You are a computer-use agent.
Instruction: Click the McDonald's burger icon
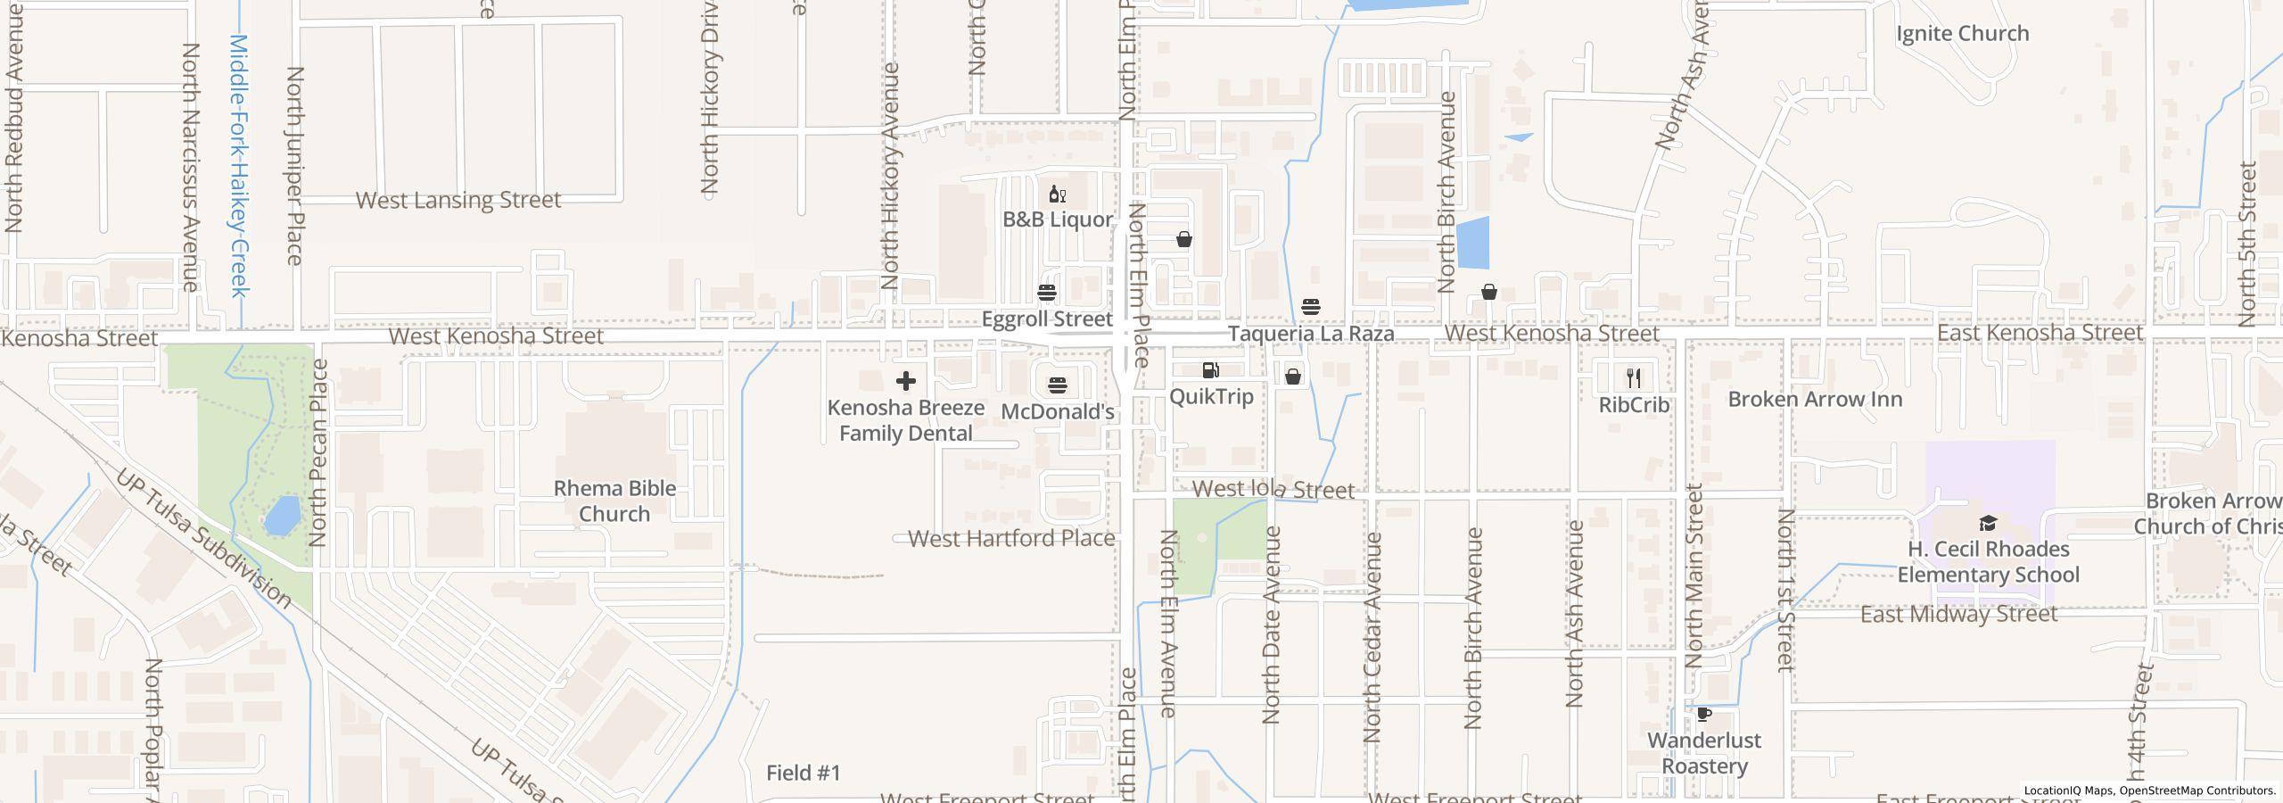[1058, 385]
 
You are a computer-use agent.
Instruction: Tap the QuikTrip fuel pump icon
[1210, 370]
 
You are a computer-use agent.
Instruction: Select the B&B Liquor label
[1058, 219]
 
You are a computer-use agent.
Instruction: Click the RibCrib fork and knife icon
[1633, 378]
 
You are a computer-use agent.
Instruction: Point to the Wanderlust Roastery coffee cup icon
[1703, 715]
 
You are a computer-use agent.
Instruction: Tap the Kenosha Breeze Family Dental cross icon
[906, 382]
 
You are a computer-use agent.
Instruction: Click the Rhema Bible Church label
[614, 501]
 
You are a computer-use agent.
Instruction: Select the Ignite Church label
[1962, 34]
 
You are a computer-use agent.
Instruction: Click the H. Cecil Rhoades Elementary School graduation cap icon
[1988, 523]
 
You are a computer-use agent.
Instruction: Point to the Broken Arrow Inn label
[1815, 399]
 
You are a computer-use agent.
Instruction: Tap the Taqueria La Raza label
[1311, 334]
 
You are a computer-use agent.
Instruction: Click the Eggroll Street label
[1047, 319]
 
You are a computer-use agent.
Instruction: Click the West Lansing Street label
[458, 200]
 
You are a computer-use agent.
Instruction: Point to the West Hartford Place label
[1011, 539]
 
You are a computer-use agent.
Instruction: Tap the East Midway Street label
[1958, 614]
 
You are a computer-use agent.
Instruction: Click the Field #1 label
[804, 773]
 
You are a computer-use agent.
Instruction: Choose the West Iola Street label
[1273, 490]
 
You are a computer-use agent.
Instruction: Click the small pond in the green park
[283, 516]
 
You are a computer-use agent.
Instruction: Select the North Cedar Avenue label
[1372, 637]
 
